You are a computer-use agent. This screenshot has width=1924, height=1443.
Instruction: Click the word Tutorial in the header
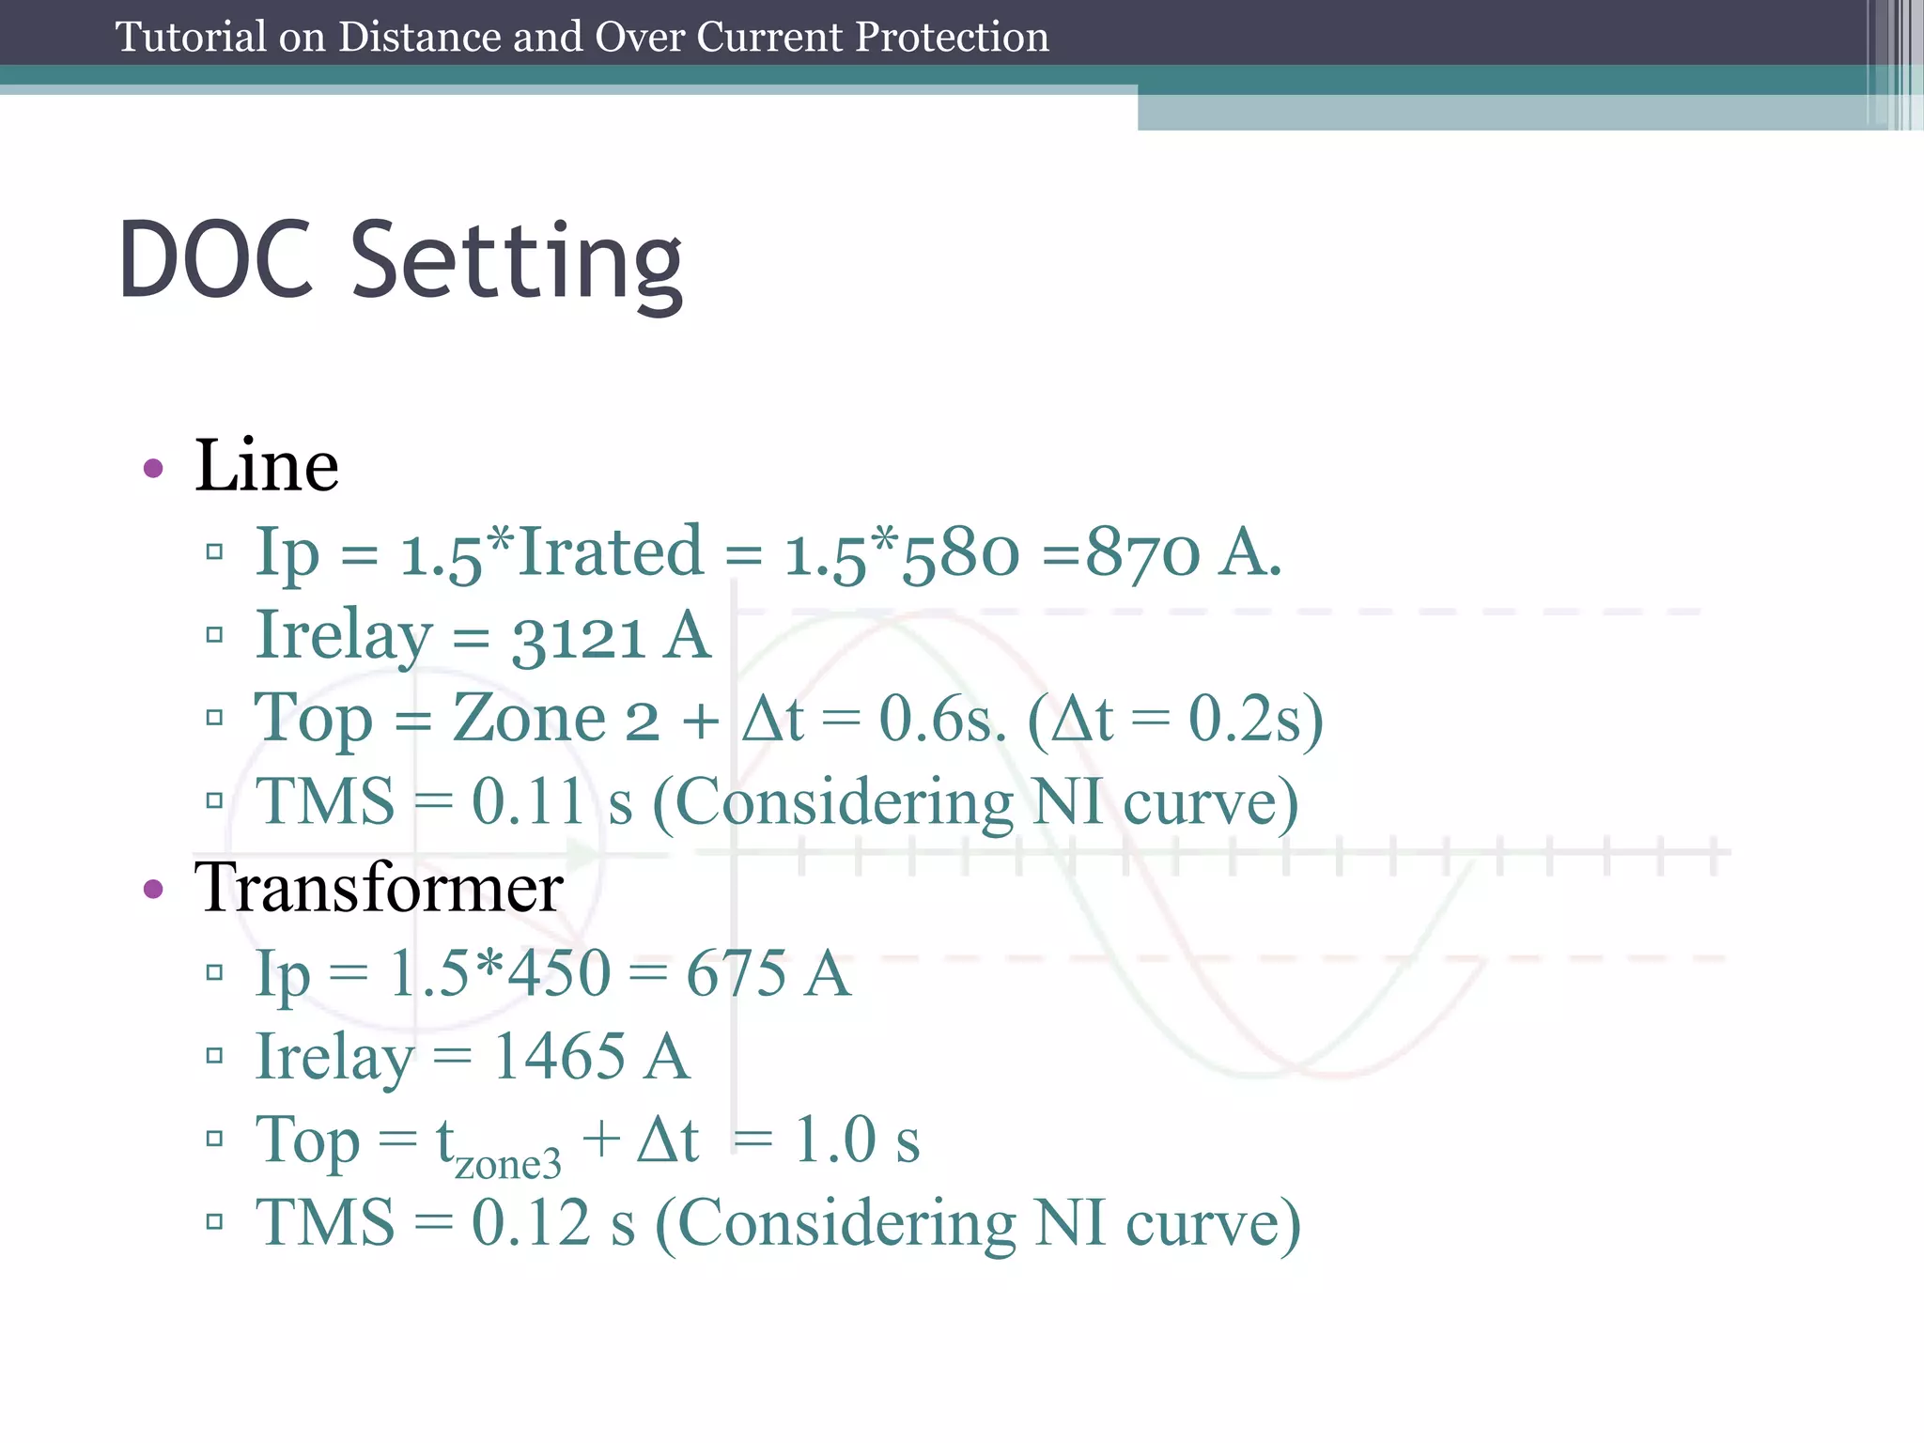click(x=191, y=38)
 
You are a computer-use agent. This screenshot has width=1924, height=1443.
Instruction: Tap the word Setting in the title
click(x=517, y=262)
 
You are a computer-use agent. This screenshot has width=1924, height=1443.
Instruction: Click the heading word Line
click(x=266, y=466)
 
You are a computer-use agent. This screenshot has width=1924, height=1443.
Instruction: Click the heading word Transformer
click(x=379, y=888)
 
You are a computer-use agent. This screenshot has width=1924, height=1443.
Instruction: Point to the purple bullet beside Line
click(x=153, y=468)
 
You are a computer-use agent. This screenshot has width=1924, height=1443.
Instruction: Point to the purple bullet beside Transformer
click(x=153, y=889)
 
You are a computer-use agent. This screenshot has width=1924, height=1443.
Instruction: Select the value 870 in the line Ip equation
click(x=1142, y=552)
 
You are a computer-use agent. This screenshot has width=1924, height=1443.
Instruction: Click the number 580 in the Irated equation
click(x=959, y=554)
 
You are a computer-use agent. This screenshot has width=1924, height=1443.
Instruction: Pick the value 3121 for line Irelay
click(x=578, y=638)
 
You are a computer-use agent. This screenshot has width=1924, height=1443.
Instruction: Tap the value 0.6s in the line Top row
click(x=941, y=721)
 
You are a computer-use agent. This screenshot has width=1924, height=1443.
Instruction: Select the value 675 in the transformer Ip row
click(x=737, y=973)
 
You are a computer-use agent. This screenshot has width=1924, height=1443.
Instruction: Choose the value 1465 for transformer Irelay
click(x=559, y=1057)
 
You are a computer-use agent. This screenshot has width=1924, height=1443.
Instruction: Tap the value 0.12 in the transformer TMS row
click(x=531, y=1223)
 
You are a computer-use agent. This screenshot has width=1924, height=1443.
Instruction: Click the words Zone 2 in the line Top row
click(x=555, y=720)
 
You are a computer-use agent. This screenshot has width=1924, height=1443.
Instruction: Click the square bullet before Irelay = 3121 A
click(x=214, y=636)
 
